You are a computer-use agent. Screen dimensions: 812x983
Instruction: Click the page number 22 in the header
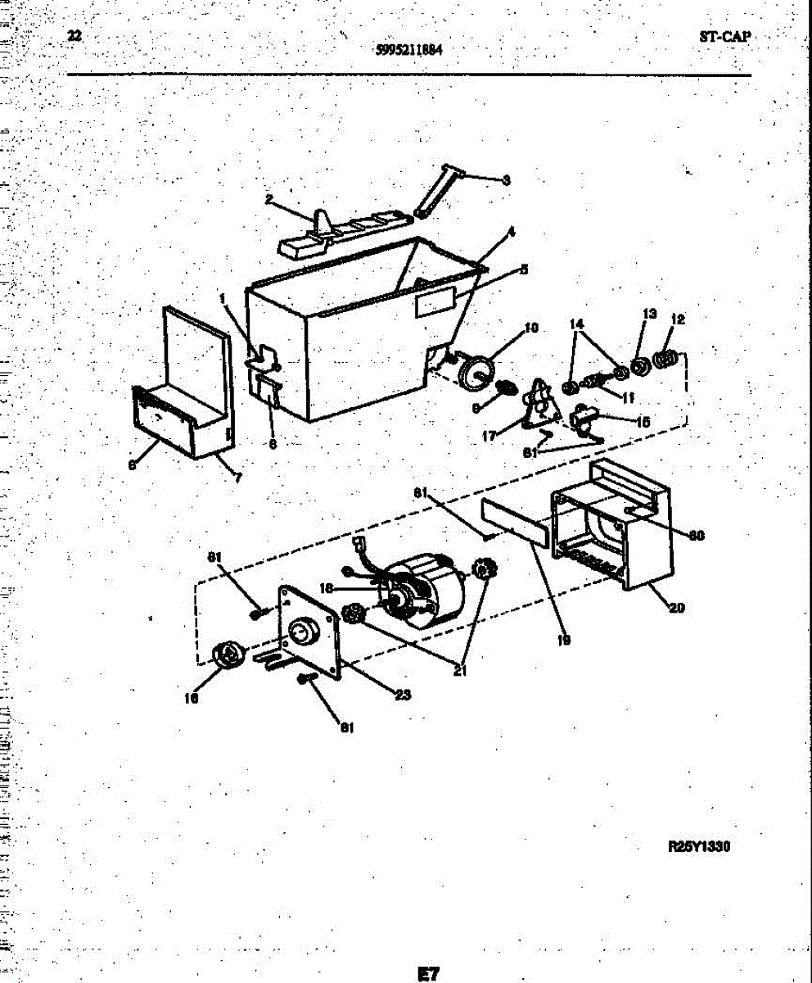[x=74, y=35]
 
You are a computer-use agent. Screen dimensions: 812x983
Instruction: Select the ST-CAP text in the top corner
[x=724, y=37]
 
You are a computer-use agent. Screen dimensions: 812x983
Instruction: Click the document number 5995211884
[x=409, y=49]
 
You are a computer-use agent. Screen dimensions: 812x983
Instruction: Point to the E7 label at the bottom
[x=427, y=974]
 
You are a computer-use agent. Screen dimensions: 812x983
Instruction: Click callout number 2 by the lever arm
[x=268, y=199]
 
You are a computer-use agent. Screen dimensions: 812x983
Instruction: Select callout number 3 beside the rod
[x=506, y=180]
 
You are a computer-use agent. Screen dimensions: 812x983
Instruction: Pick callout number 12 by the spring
[x=679, y=319]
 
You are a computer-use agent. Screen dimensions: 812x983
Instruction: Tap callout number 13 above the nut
[x=649, y=314]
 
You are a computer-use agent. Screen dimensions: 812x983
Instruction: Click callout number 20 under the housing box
[x=676, y=608]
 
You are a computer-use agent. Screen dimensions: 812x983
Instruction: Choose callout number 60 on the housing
[x=696, y=537]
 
